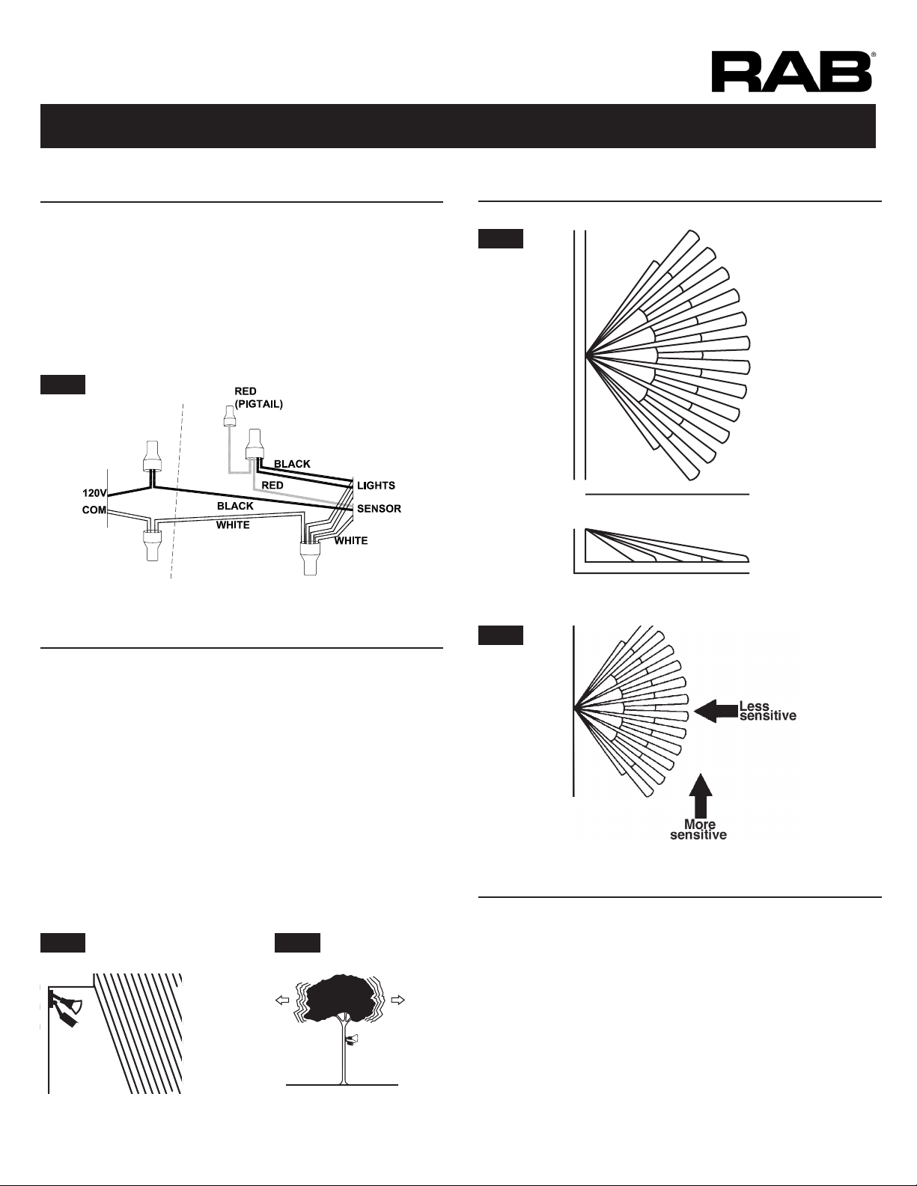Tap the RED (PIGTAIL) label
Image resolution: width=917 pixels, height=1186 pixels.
click(x=258, y=398)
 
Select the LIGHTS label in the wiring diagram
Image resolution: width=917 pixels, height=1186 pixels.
click(x=376, y=485)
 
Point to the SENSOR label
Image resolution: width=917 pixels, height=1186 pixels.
click(x=380, y=509)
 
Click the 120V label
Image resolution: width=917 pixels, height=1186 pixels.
click(x=94, y=493)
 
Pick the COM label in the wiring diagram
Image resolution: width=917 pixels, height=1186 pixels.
click(x=94, y=510)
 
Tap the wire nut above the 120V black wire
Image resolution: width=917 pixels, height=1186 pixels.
click(x=152, y=456)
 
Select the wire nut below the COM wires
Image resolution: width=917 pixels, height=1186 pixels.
click(x=152, y=545)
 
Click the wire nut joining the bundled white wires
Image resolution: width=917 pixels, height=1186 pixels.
click(x=309, y=557)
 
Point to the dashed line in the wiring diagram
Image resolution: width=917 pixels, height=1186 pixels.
click(x=177, y=491)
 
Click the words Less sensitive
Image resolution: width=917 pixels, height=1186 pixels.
click(x=767, y=711)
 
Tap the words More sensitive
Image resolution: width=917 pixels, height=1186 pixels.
click(x=698, y=830)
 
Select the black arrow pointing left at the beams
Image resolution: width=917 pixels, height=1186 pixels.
click(x=716, y=712)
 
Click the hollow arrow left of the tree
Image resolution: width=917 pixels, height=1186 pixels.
click(x=282, y=1000)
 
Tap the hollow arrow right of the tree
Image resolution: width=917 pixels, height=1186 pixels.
click(x=398, y=1000)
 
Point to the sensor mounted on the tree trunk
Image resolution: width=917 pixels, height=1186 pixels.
click(x=351, y=1040)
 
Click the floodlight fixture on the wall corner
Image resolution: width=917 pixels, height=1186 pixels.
click(x=66, y=1009)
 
